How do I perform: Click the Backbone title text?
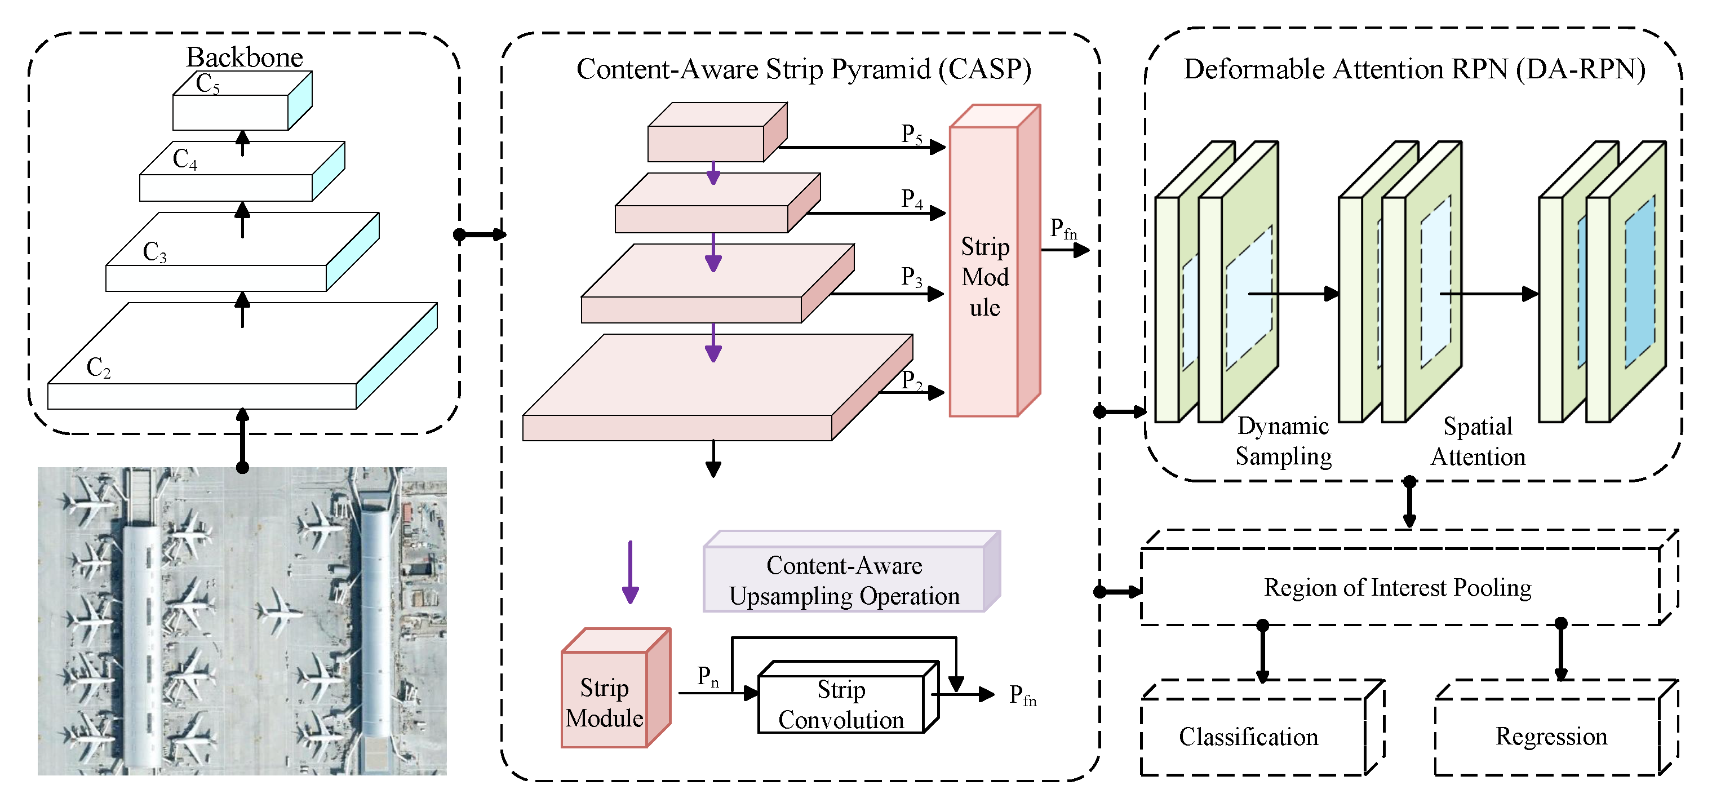coord(244,57)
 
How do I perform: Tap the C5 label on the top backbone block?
coord(207,85)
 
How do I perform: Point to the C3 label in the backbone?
coord(155,252)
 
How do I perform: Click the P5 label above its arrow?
coord(912,134)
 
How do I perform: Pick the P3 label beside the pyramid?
coord(912,276)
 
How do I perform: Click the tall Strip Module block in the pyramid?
coord(985,276)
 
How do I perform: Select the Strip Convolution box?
coord(841,704)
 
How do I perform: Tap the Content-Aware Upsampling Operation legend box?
coord(844,580)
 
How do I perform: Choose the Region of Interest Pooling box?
coord(1398,588)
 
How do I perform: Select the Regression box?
coord(1551,736)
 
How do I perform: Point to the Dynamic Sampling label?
coord(1283,441)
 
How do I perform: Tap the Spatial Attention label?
coord(1478,442)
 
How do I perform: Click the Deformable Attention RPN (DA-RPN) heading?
coord(1414,69)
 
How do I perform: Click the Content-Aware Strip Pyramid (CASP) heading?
coord(804,69)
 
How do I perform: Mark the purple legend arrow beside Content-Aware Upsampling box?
coord(630,571)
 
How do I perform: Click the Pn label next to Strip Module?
coord(707,676)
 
